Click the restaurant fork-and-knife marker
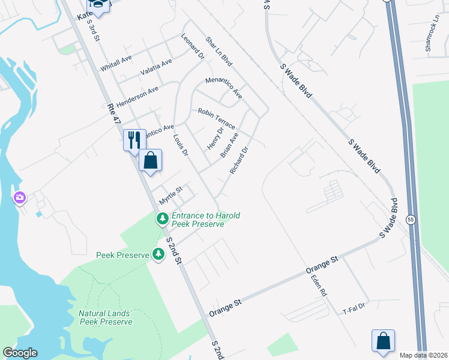pyautogui.click(x=134, y=140)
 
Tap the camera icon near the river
pyautogui.click(x=20, y=197)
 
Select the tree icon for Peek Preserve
pyautogui.click(x=158, y=254)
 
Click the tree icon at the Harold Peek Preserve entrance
pyautogui.click(x=161, y=220)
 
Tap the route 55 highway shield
pyautogui.click(x=411, y=220)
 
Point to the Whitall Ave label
pyautogui.click(x=116, y=64)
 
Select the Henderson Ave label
pyautogui.click(x=137, y=96)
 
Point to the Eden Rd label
pyautogui.click(x=318, y=286)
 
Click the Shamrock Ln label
pyautogui.click(x=432, y=37)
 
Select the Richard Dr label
pyautogui.click(x=238, y=160)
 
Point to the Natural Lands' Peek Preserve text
pyautogui.click(x=106, y=317)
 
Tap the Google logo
pyautogui.click(x=19, y=353)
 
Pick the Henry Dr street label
pyautogui.click(x=215, y=139)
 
